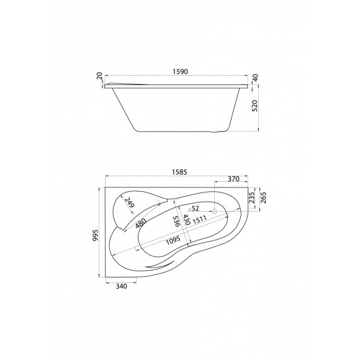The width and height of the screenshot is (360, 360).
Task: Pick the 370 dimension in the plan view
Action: click(233, 179)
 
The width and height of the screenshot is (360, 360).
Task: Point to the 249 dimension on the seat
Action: click(128, 202)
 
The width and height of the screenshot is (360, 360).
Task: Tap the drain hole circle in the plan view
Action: click(215, 212)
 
